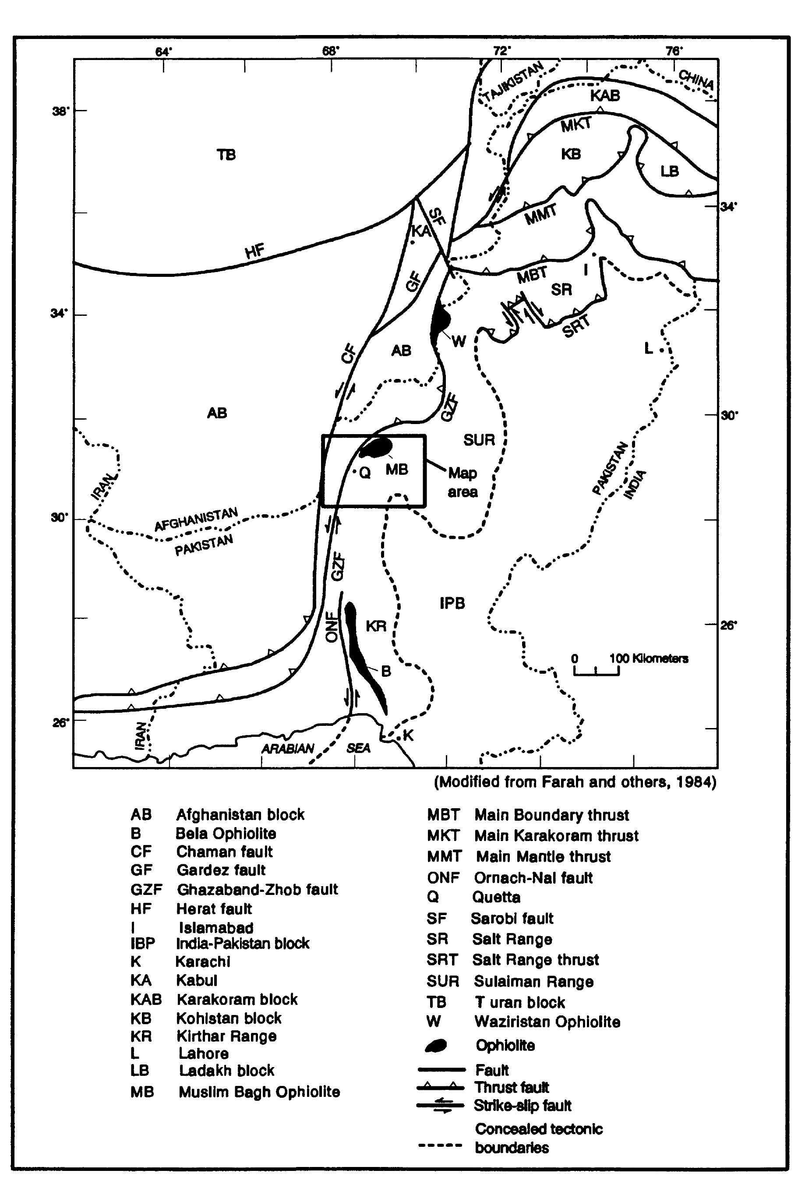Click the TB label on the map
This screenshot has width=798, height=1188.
(x=226, y=155)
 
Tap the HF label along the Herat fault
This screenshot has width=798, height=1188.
(x=255, y=251)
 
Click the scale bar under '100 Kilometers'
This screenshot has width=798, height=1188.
(x=597, y=672)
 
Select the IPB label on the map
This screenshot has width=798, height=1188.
(x=452, y=604)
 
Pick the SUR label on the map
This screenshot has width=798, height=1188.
(x=479, y=440)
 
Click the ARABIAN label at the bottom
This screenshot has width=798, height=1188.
(x=288, y=749)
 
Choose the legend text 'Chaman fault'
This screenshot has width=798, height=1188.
(x=224, y=852)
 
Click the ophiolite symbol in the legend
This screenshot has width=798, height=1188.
(x=436, y=1046)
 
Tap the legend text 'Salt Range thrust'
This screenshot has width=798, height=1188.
(x=535, y=960)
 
